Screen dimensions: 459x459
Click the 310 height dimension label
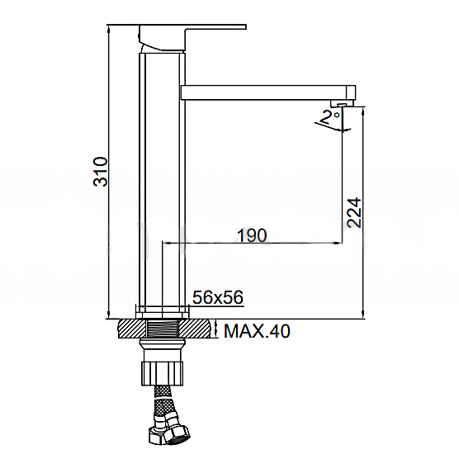point(100,172)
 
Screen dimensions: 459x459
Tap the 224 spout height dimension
point(354,212)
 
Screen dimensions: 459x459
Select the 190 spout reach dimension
point(252,235)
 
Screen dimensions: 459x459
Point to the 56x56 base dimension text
point(217,297)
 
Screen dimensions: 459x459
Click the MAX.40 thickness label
point(257,331)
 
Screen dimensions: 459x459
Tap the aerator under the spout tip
point(342,104)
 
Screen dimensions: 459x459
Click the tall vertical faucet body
point(162,178)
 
